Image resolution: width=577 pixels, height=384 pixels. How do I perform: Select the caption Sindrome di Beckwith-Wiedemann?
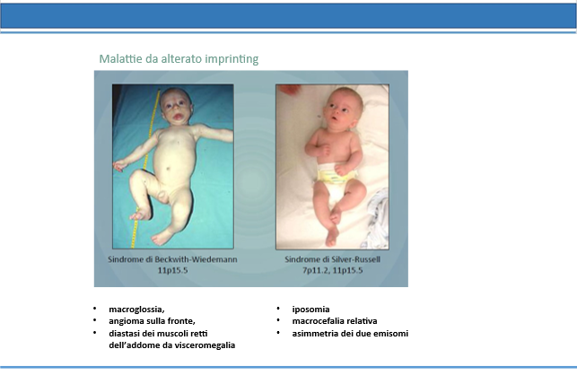pyautogui.click(x=172, y=259)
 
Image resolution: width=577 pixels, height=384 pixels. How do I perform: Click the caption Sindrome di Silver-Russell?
pyautogui.click(x=332, y=259)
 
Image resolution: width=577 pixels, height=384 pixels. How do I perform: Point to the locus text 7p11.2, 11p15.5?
pyautogui.click(x=332, y=270)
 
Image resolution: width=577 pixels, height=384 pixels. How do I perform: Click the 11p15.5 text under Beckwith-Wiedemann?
pyautogui.click(x=172, y=270)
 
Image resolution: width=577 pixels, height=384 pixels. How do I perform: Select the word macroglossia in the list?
pyautogui.click(x=136, y=310)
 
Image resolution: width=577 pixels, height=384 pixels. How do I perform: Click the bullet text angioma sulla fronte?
pyautogui.click(x=152, y=321)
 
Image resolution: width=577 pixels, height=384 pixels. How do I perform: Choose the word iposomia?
pyautogui.click(x=311, y=310)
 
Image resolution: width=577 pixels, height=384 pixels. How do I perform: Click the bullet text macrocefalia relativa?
pyautogui.click(x=335, y=321)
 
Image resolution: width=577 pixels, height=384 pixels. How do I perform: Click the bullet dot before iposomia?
pyautogui.click(x=278, y=309)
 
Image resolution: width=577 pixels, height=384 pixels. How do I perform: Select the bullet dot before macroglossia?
pyautogui.click(x=95, y=309)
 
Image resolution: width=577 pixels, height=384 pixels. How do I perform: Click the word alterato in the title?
pyautogui.click(x=181, y=58)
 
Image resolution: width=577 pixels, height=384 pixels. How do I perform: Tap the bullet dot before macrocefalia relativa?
pyautogui.click(x=278, y=320)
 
